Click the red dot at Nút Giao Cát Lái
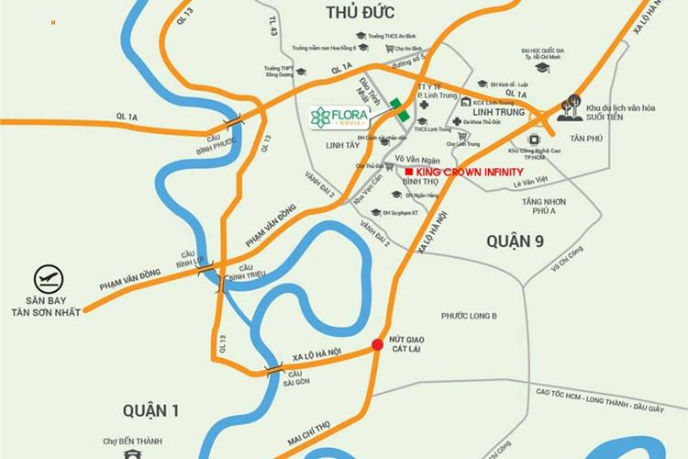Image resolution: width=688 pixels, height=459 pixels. point(376,345)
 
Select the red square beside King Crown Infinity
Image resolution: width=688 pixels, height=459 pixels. point(408,172)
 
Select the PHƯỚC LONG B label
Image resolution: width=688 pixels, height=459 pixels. point(468,316)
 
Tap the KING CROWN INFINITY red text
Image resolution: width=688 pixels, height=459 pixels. point(470,172)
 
